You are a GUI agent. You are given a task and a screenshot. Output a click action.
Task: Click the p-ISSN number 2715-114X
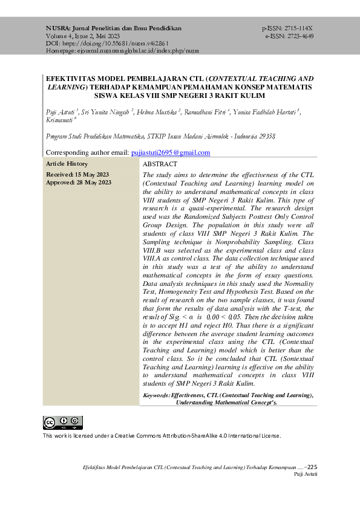coord(296,28)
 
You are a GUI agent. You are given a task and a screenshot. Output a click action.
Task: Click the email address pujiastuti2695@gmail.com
coord(171,153)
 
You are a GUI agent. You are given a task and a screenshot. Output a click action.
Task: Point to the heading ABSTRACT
coord(160,164)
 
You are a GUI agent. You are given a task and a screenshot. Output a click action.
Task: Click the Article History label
coord(67,164)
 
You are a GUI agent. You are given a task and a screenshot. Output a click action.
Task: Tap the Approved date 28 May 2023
coord(79,182)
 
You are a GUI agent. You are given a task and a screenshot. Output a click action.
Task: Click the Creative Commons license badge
coord(62,423)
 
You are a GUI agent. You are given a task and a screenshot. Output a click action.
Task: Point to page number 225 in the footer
coord(312,467)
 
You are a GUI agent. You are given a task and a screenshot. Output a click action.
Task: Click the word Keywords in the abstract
coord(156,395)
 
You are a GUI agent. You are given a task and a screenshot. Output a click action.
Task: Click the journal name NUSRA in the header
coord(58,28)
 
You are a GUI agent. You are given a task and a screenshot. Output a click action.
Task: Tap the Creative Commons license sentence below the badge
coord(162,435)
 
